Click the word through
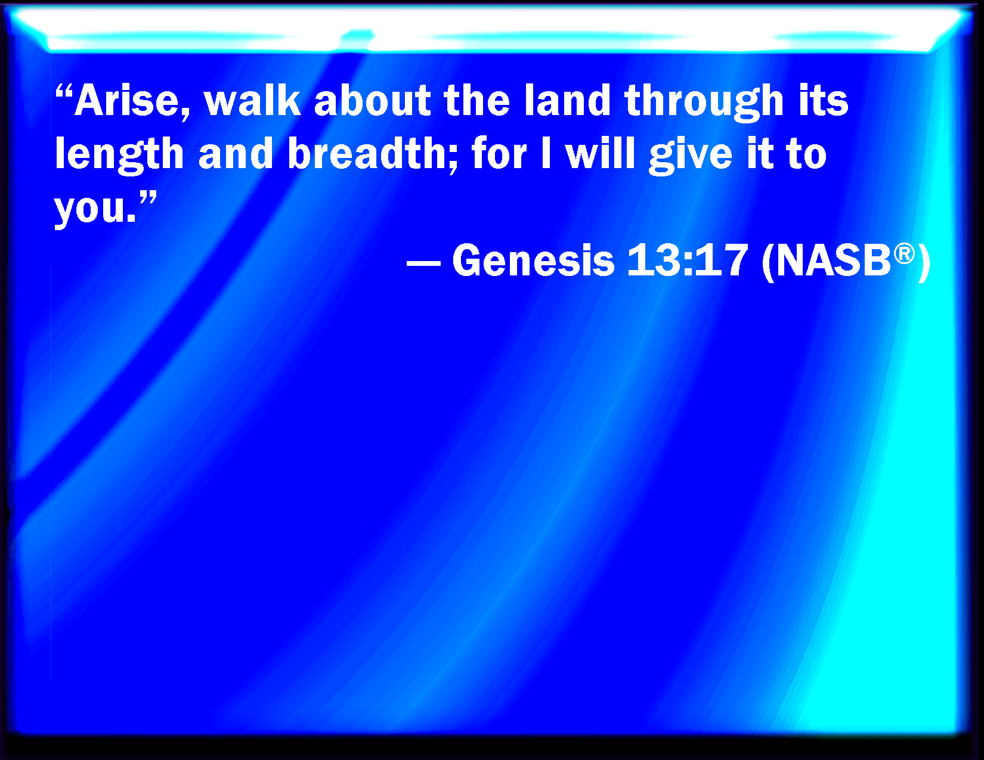[704, 103]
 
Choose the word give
[691, 156]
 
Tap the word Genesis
[533, 260]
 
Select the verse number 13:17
[687, 260]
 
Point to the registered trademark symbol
[904, 253]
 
